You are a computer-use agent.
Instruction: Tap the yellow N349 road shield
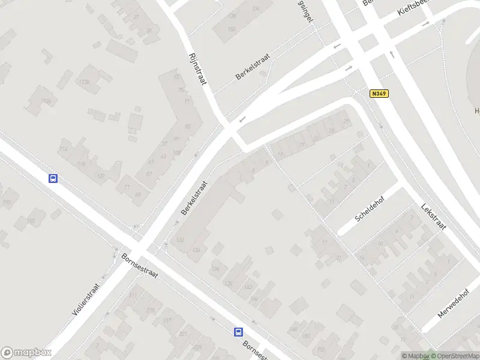tap(379, 94)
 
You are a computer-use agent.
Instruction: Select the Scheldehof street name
tap(369, 208)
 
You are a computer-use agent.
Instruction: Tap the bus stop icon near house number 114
tap(53, 178)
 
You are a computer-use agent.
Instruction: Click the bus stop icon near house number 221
tap(238, 332)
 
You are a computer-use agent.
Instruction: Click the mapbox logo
tap(26, 353)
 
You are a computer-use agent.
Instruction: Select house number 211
tap(133, 296)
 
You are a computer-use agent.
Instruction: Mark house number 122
tap(101, 176)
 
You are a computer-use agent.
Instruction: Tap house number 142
tap(248, 287)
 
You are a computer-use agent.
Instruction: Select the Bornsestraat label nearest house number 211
tap(139, 265)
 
